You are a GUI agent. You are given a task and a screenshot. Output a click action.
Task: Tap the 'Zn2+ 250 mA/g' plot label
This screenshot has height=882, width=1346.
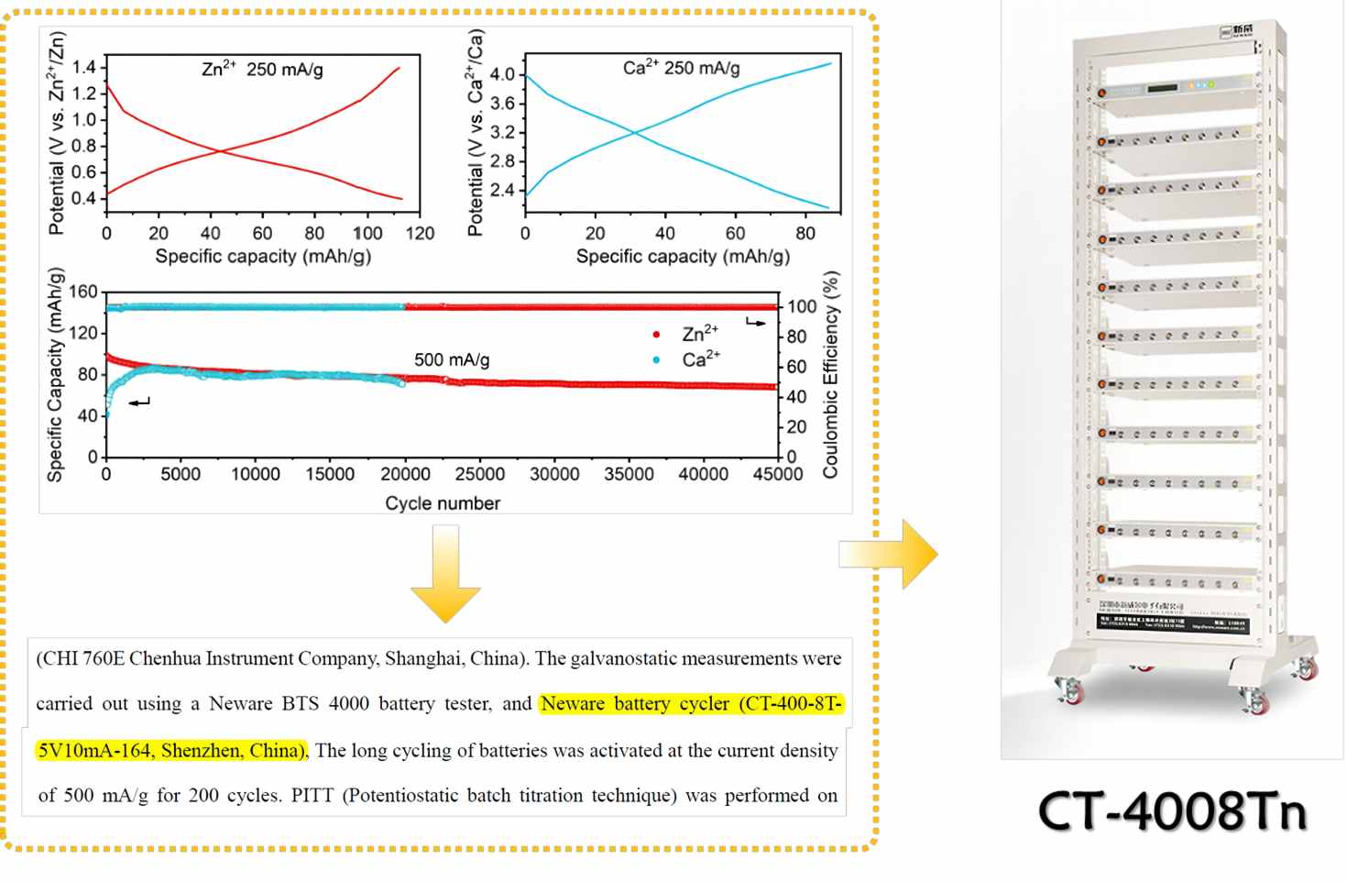pos(262,69)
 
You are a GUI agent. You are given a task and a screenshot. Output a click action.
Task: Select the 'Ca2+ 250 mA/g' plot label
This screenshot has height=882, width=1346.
pos(681,68)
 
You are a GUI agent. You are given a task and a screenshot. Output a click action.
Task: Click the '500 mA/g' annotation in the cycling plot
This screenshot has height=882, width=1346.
pos(452,359)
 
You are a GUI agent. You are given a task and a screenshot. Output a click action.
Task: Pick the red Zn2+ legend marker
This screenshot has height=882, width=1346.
pos(656,335)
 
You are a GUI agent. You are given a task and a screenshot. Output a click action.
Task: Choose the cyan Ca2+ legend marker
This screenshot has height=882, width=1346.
pos(656,360)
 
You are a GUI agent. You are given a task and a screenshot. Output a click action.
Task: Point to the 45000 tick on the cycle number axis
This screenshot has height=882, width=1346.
pos(778,474)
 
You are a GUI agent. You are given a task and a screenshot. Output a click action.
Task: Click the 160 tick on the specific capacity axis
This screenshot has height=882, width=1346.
pos(83,292)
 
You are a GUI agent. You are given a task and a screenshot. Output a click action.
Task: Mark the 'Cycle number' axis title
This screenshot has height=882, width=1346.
pos(443,503)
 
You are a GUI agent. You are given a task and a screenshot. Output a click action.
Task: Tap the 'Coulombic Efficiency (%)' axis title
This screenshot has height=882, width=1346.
pos(830,374)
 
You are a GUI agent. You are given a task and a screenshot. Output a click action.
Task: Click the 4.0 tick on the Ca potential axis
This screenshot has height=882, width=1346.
pos(502,74)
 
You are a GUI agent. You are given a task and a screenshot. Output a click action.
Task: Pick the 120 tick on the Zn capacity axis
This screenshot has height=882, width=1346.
pos(420,233)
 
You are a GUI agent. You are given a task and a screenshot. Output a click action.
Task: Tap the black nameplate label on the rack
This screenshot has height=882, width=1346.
pos(1172,623)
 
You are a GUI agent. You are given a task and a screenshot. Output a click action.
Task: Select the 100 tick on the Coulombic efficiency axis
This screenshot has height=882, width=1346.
pos(802,307)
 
